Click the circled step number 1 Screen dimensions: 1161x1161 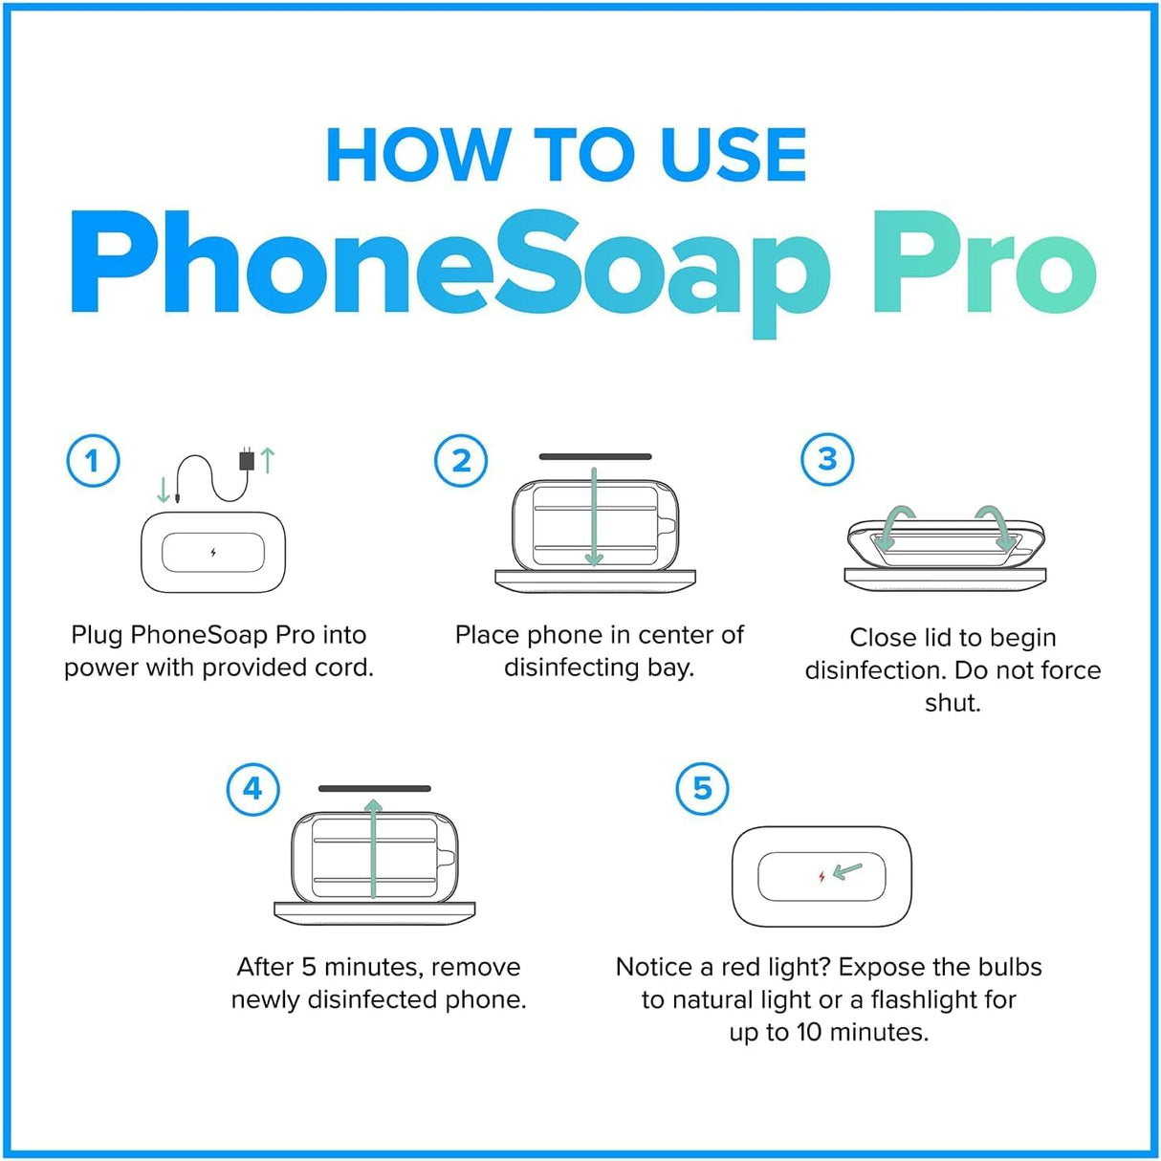(93, 461)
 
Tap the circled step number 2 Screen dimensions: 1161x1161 (461, 461)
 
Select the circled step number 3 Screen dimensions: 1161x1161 (827, 459)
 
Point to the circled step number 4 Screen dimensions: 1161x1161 (252, 789)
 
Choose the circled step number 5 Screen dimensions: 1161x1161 (702, 789)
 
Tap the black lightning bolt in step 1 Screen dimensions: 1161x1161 (212, 552)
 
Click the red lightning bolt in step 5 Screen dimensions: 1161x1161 (821, 876)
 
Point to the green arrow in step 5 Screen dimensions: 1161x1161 (847, 871)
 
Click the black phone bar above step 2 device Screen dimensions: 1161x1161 (595, 457)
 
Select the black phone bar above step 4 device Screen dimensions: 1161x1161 (374, 789)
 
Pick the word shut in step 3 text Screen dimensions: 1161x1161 (953, 703)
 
